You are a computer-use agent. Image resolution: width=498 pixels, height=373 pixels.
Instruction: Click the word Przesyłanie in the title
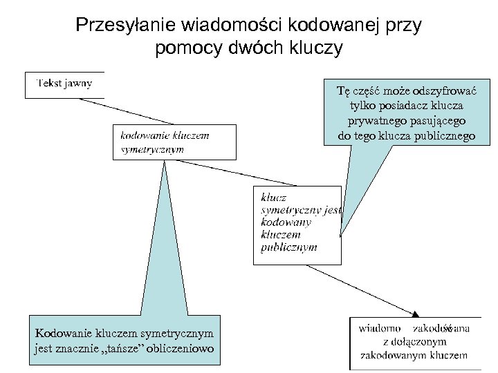120,25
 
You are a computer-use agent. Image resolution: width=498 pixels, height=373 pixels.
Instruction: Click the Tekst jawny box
64,84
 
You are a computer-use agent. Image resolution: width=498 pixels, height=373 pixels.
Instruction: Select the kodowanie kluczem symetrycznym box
174,142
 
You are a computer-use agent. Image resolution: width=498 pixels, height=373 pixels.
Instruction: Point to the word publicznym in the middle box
289,247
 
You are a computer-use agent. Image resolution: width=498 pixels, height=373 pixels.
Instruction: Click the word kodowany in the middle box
286,222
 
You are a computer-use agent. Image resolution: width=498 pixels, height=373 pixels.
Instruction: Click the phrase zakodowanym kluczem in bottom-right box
414,356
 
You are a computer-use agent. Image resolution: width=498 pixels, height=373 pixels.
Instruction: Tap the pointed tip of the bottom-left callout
165,163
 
